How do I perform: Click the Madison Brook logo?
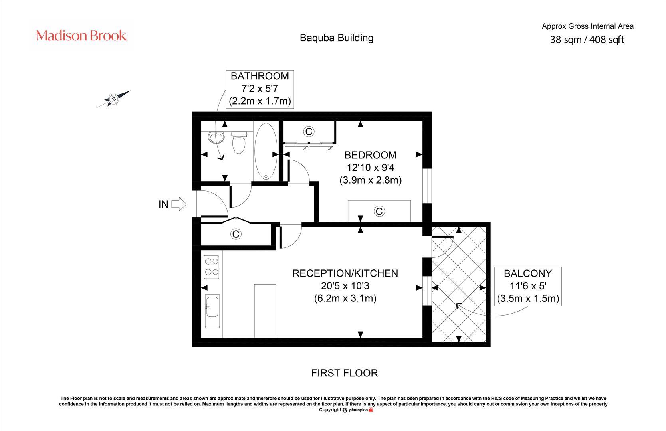click(x=81, y=36)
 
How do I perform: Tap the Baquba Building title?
click(x=337, y=38)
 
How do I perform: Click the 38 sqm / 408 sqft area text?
click(x=587, y=40)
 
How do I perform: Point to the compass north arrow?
click(x=114, y=99)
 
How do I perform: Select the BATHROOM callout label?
click(x=260, y=89)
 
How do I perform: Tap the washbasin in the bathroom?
click(x=217, y=138)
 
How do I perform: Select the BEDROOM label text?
click(x=371, y=155)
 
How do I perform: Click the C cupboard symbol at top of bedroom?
click(x=309, y=131)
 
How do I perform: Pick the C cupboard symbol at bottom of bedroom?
click(x=379, y=211)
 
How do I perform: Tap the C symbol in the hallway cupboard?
click(x=236, y=234)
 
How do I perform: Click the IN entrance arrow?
click(x=179, y=204)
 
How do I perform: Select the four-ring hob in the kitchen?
click(x=212, y=267)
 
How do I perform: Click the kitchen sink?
click(x=212, y=311)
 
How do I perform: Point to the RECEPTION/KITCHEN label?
click(x=345, y=273)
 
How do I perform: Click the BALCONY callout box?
click(x=528, y=286)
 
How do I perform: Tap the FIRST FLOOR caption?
click(x=344, y=373)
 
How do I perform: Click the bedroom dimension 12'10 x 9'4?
click(x=371, y=168)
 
